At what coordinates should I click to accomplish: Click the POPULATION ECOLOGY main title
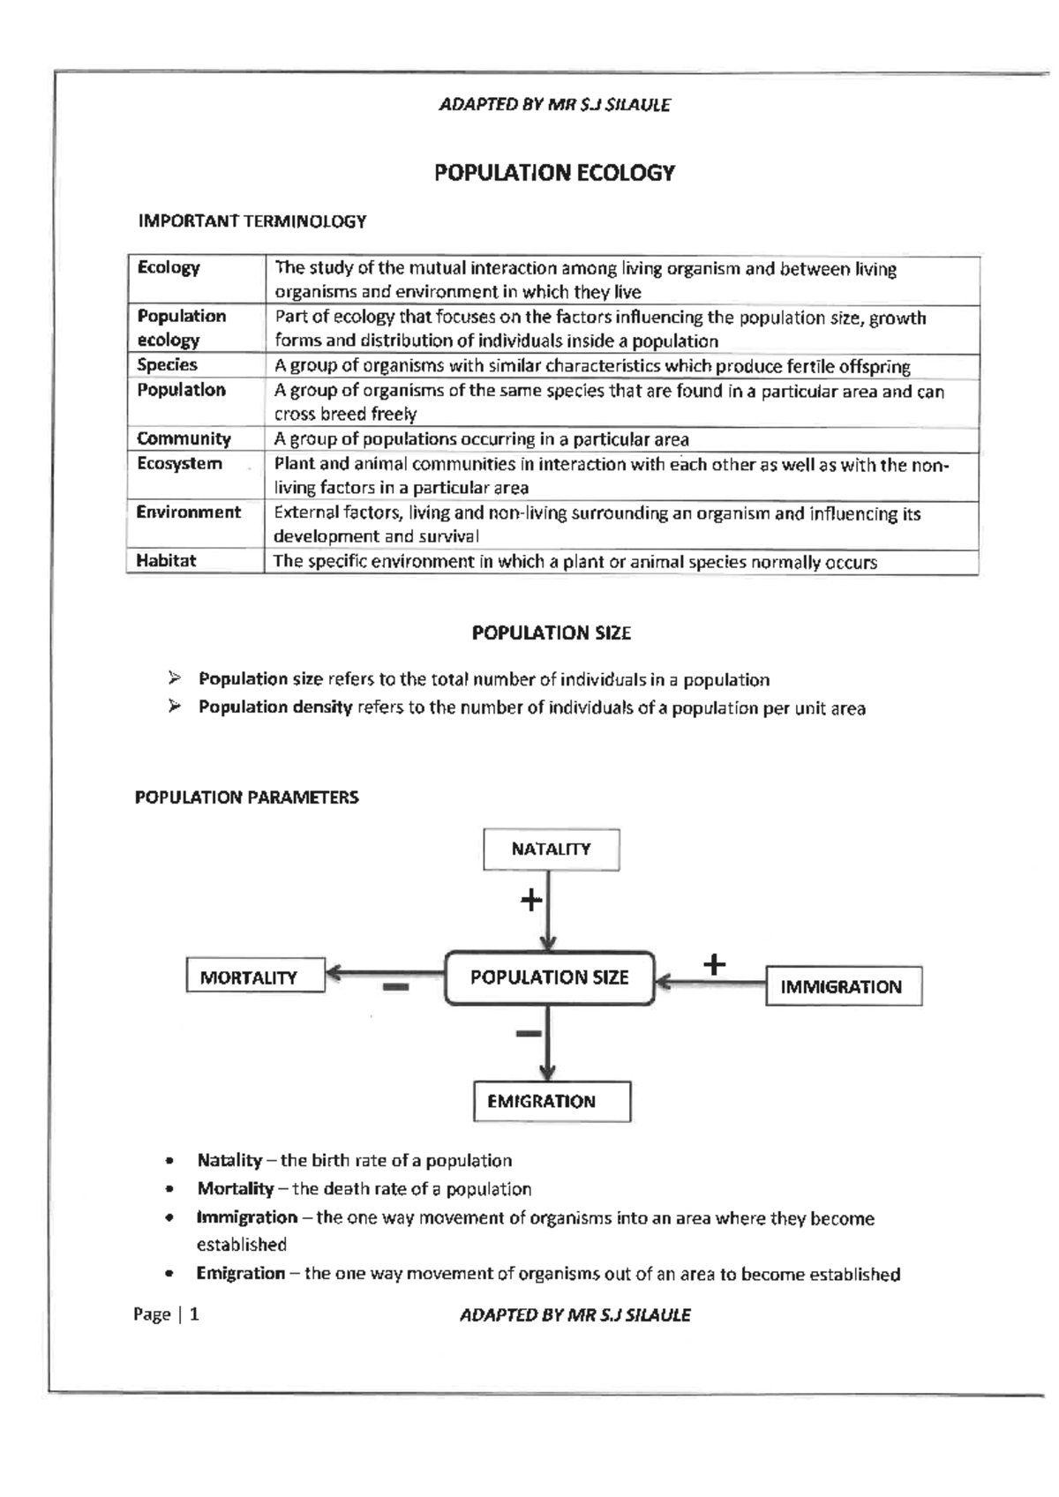tap(554, 173)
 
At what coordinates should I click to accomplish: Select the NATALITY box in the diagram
tap(551, 850)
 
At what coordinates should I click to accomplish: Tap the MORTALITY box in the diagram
tap(255, 977)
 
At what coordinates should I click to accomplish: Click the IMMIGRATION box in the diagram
tap(843, 986)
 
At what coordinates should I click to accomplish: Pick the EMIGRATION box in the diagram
tap(552, 1101)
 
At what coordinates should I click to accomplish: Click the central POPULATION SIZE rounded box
tap(549, 977)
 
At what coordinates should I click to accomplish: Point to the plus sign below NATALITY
tap(530, 901)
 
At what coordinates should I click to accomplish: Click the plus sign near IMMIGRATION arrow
tap(715, 964)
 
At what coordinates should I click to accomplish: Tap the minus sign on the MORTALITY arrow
tap(395, 988)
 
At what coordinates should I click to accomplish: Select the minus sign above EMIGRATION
tap(528, 1032)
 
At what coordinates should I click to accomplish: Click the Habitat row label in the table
tap(166, 561)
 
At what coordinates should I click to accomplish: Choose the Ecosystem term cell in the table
tap(179, 464)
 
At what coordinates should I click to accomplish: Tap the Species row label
tap(167, 365)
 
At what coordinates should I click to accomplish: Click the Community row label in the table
tap(184, 438)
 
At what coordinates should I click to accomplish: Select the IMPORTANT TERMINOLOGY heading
tap(252, 221)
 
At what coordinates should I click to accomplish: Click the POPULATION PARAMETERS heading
tap(246, 797)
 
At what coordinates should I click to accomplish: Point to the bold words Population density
tap(275, 707)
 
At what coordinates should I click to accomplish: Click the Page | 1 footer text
tap(166, 1314)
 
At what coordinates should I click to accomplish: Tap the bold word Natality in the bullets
tap(229, 1161)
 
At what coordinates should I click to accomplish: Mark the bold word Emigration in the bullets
tap(241, 1273)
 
